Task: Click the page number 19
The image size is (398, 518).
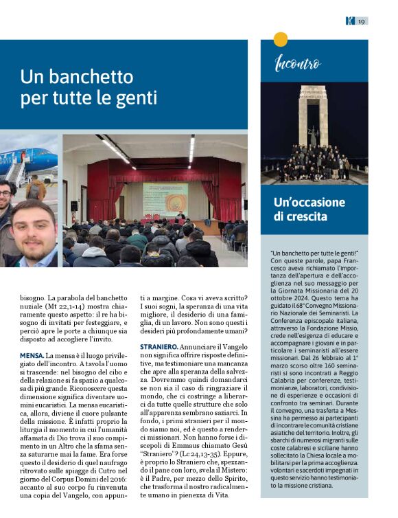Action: point(361,21)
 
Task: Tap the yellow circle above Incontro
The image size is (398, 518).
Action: point(280,39)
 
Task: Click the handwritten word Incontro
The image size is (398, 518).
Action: point(297,65)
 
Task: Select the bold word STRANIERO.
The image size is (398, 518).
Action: point(161,346)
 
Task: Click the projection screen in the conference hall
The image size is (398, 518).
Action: point(165,199)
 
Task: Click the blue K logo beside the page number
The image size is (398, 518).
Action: point(349,21)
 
